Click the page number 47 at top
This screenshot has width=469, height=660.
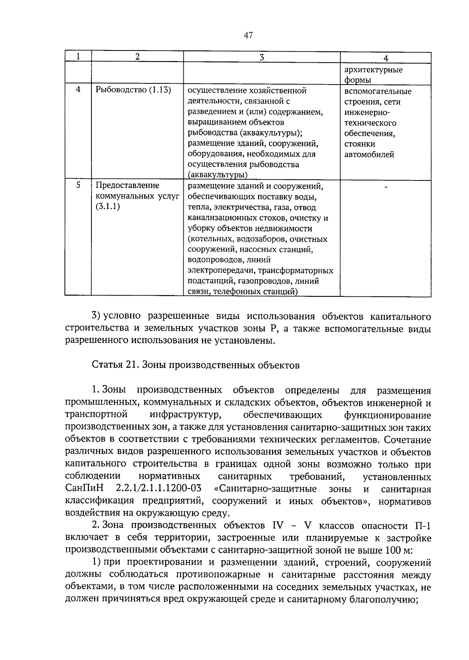pos(248,36)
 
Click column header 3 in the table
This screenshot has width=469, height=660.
pos(261,57)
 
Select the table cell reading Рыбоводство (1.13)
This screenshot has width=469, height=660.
pos(133,90)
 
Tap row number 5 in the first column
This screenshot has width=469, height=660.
pos(78,185)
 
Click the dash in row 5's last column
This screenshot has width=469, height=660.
pos(386,188)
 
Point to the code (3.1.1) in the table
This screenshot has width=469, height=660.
pos(108,206)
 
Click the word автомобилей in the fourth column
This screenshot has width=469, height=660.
pos(369,154)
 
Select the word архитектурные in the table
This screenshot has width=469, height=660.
pos(373,70)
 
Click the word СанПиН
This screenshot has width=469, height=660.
pos(85,489)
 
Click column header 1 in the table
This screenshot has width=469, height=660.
pos(78,57)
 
